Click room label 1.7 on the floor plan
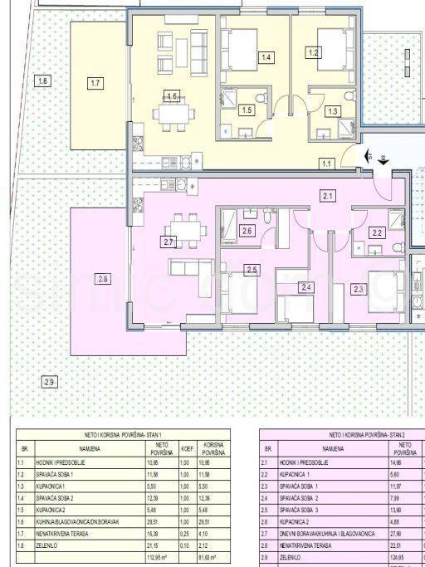[x=96, y=83]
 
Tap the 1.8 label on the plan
[x=42, y=81]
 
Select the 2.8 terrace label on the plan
[x=103, y=278]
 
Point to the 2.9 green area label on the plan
[x=49, y=381]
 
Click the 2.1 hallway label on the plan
[x=327, y=196]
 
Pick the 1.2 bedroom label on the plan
[x=313, y=52]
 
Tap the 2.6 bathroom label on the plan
[x=247, y=232]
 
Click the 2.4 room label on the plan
[x=306, y=288]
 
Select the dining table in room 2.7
[x=182, y=225]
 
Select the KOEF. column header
[x=187, y=448]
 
